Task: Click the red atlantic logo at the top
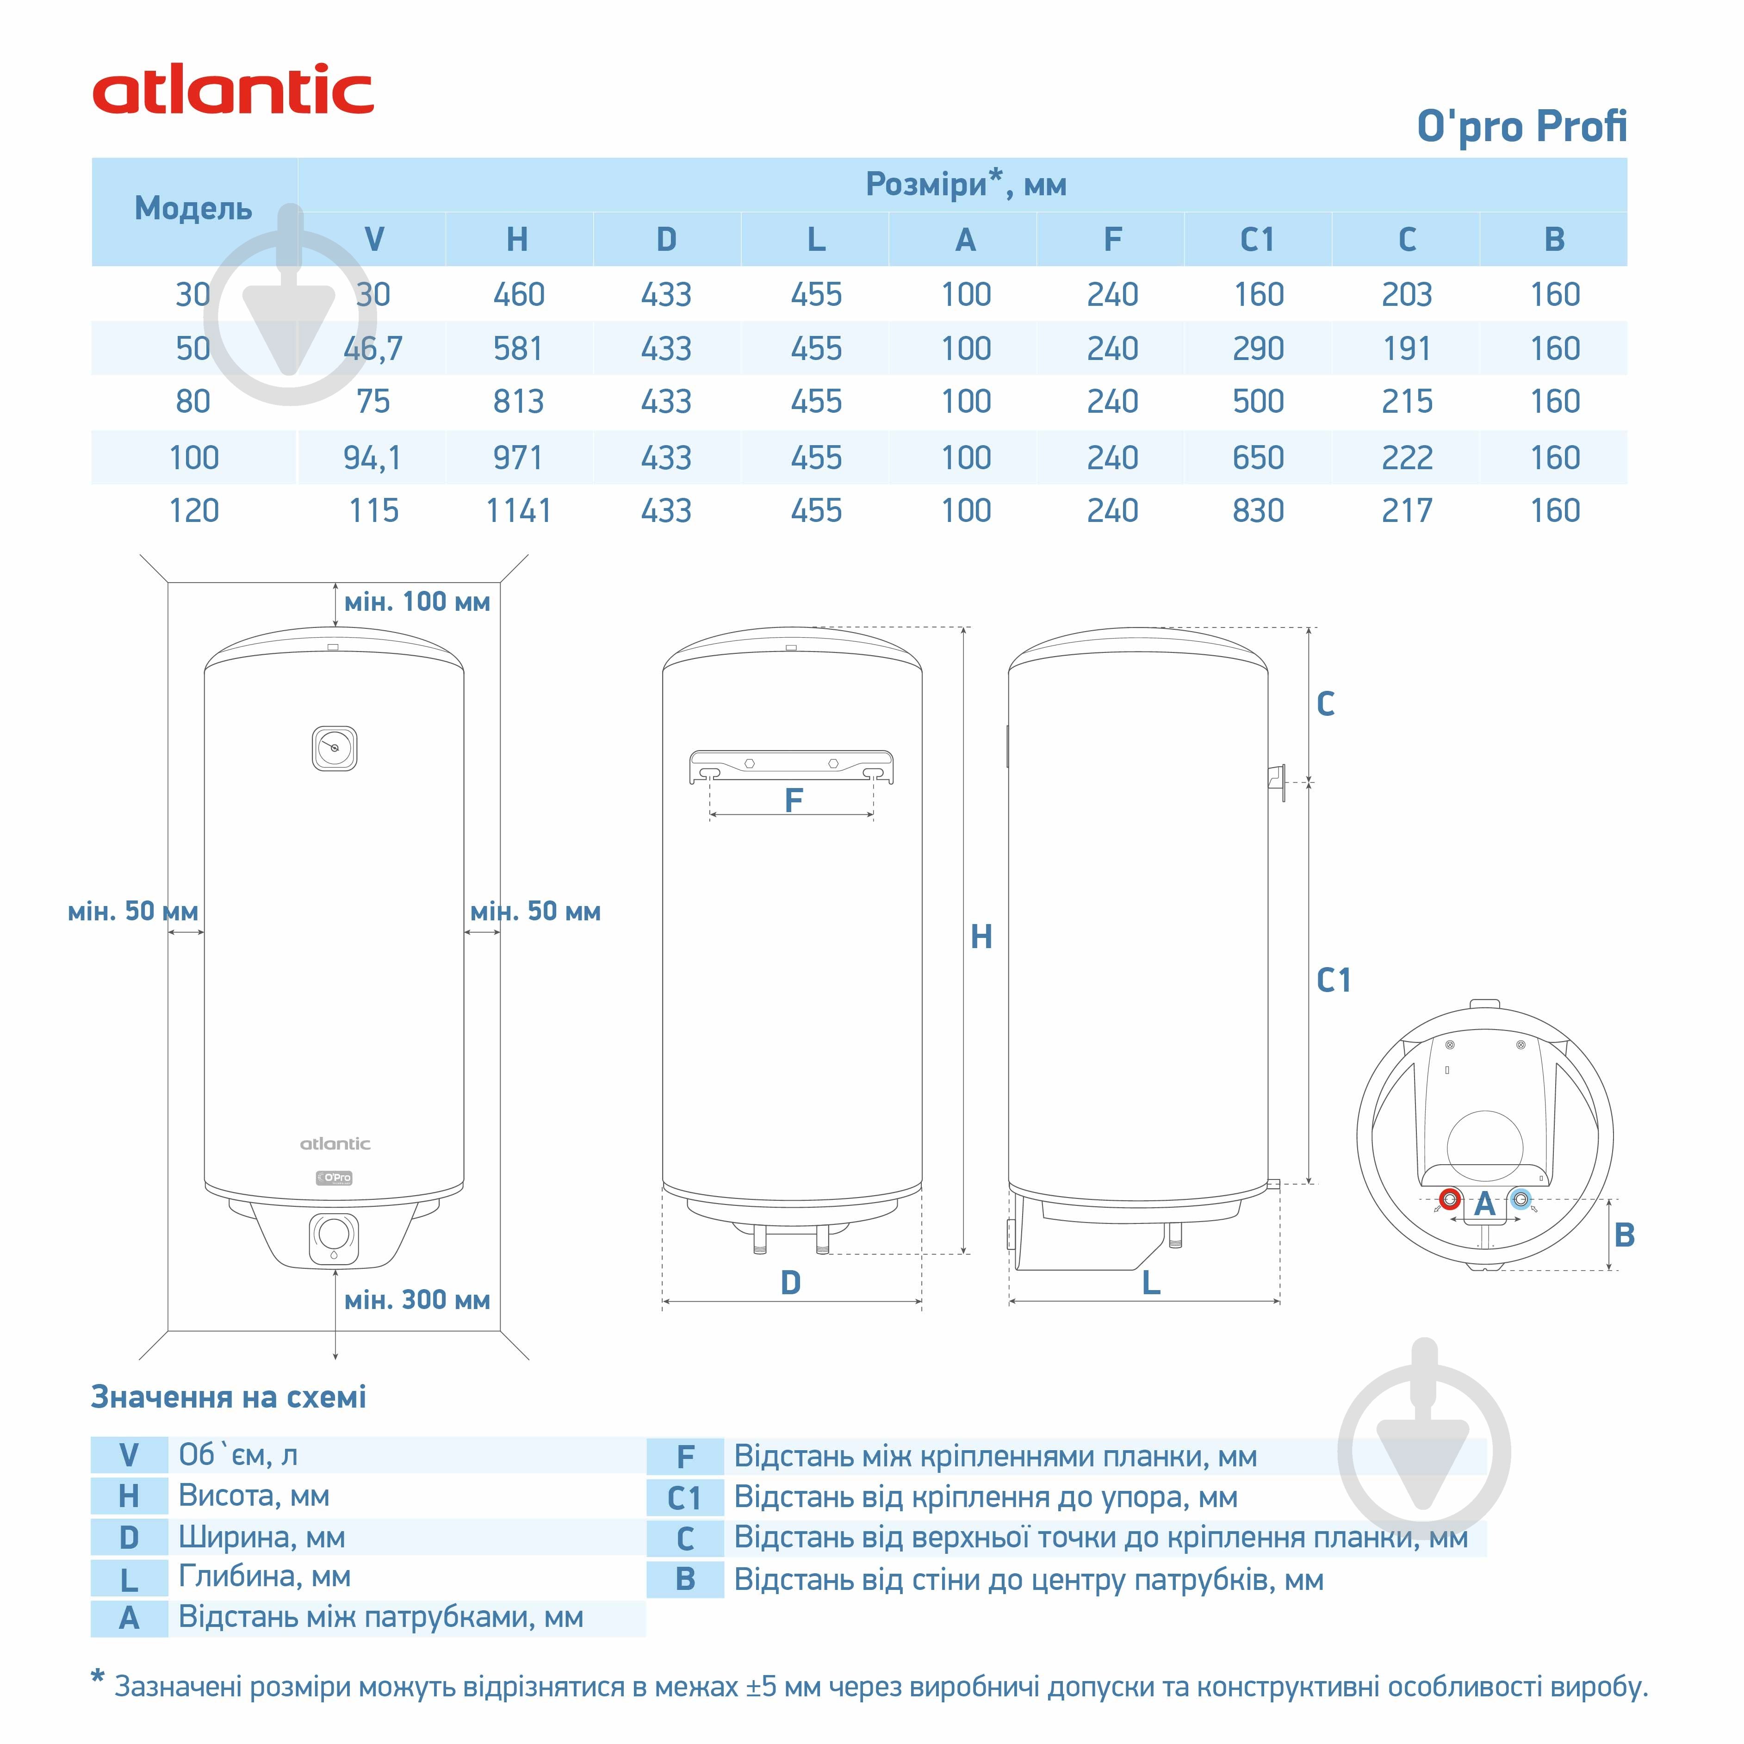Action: click(233, 90)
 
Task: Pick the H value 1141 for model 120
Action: click(518, 511)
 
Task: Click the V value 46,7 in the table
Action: click(373, 348)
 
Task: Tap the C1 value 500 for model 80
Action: click(1258, 402)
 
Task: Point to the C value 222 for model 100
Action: click(1406, 458)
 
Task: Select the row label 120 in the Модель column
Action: click(194, 511)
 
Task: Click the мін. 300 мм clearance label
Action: click(417, 1300)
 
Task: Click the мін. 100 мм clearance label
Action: click(417, 602)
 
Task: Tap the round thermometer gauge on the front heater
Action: click(334, 748)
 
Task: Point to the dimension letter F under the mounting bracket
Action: click(794, 800)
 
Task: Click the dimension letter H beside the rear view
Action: click(981, 937)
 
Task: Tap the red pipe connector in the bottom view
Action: click(1450, 1200)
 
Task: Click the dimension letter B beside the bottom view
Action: click(1624, 1235)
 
